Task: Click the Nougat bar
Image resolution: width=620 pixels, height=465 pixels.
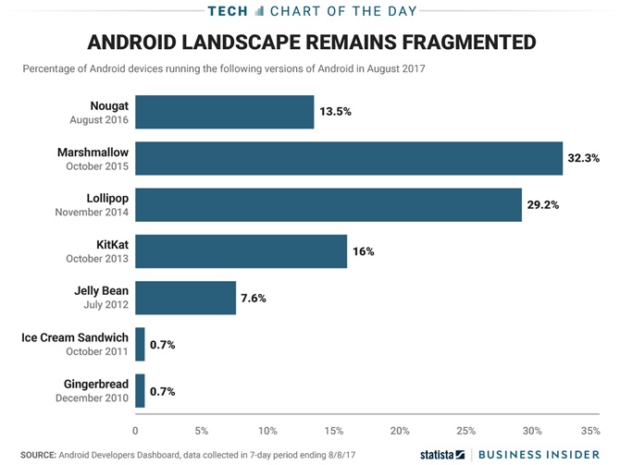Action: coord(225,112)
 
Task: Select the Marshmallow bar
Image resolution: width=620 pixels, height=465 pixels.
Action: coord(349,158)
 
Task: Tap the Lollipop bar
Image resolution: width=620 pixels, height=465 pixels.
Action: coord(329,204)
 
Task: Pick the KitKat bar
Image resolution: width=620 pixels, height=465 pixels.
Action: coord(242,251)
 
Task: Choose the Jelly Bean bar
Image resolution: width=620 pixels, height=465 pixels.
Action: coord(186,298)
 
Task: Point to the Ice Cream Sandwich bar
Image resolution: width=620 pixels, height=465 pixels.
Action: coord(141,344)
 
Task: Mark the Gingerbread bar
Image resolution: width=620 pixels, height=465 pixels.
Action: coord(141,390)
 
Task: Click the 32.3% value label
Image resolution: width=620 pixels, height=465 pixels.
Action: coord(585,158)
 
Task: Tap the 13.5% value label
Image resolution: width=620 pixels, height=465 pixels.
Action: coord(336,112)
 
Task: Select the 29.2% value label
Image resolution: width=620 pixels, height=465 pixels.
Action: coord(544,204)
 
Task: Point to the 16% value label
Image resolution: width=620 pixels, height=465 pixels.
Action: coord(363,251)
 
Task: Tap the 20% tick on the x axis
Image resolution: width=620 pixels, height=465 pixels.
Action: coord(400,431)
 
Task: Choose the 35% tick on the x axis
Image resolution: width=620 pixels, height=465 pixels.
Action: coord(590,431)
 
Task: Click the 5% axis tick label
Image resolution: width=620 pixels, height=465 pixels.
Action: coord(202,431)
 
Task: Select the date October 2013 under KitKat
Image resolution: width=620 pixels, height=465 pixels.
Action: coord(98,258)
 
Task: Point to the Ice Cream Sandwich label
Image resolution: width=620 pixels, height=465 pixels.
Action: coord(75,337)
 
